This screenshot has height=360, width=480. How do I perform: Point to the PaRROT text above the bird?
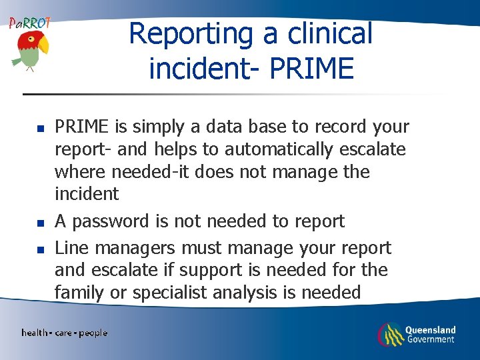[x=29, y=23]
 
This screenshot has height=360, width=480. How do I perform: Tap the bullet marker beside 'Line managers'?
[x=39, y=249]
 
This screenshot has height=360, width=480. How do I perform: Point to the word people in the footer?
[x=93, y=333]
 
